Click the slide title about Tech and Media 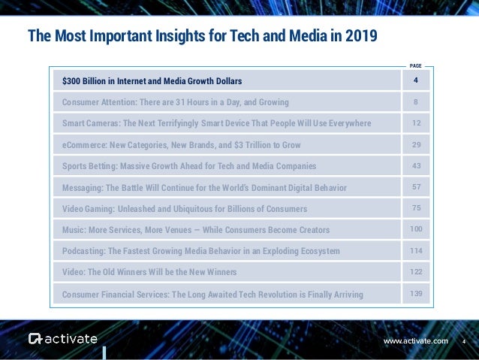[202, 36]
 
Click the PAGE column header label [415, 66]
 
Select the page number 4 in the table [415, 80]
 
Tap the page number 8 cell [415, 101]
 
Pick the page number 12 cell [415, 123]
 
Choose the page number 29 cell [415, 144]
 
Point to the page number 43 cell [415, 165]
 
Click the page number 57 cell [415, 186]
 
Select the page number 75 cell [415, 207]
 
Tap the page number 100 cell [415, 228]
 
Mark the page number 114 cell [415, 250]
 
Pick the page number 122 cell [415, 271]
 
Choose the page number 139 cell [415, 293]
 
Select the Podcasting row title [200, 250]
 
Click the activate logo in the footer [63, 339]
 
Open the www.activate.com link [415, 341]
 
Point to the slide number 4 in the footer [463, 341]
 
